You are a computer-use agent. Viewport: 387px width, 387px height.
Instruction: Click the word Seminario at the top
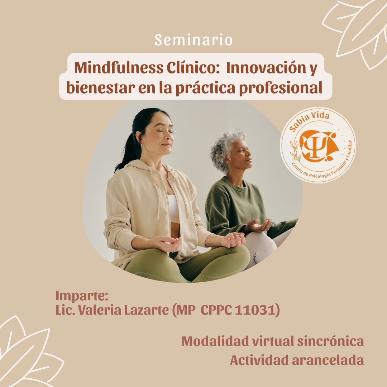pyautogui.click(x=193, y=40)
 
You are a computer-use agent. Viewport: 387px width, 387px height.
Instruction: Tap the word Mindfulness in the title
pyautogui.click(x=119, y=68)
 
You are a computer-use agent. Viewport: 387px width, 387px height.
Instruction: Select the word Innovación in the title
pyautogui.click(x=266, y=68)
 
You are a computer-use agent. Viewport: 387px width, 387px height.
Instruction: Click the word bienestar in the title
pyautogui.click(x=101, y=88)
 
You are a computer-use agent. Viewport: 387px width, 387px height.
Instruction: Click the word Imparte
pyautogui.click(x=82, y=296)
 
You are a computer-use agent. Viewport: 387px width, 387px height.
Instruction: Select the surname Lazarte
pyautogui.click(x=146, y=310)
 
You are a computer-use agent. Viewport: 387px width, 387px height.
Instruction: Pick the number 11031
pyautogui.click(x=255, y=310)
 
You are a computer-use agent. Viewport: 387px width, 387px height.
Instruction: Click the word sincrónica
pyautogui.click(x=330, y=341)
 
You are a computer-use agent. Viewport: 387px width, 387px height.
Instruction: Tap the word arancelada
pyautogui.click(x=328, y=360)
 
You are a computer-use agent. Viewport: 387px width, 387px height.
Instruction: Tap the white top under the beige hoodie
pyautogui.click(x=174, y=209)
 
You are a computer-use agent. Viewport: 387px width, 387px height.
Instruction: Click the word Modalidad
pyautogui.click(x=215, y=341)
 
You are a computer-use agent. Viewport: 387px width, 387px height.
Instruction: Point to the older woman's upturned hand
pyautogui.click(x=258, y=225)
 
